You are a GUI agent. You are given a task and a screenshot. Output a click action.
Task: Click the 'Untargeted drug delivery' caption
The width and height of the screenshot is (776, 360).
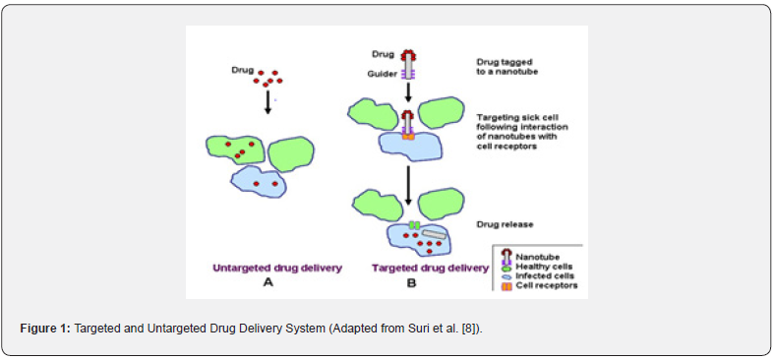point(277,269)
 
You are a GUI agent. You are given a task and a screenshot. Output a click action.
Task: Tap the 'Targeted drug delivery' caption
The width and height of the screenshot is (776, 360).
point(430,269)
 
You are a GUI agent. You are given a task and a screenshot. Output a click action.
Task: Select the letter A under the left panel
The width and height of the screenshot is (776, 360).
point(268,283)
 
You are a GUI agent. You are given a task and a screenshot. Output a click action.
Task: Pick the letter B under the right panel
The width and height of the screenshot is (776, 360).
point(411,283)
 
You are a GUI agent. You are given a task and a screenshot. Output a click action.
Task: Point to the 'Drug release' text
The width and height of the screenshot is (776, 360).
point(505,225)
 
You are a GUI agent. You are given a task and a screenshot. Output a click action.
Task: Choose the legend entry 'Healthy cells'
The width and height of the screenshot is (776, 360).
point(540,267)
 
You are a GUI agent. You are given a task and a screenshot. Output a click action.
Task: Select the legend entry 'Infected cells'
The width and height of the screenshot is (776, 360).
point(541,275)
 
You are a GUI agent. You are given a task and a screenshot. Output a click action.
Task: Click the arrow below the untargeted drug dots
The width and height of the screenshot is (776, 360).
point(268,102)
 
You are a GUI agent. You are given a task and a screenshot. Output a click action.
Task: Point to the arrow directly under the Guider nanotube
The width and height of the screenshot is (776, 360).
point(408,92)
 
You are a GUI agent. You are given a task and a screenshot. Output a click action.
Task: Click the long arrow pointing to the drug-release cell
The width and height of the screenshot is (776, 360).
point(408,186)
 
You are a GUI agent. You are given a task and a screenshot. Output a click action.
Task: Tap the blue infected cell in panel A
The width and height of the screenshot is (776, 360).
point(261,182)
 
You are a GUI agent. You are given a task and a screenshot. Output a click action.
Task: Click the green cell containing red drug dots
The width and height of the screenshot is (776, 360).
point(236,150)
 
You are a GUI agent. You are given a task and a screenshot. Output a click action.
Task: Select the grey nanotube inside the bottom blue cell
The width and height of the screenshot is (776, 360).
point(434,235)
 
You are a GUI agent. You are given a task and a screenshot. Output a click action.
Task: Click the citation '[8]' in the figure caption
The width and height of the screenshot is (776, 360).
point(471,329)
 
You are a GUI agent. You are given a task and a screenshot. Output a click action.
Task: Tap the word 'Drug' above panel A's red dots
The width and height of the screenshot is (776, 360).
point(242,71)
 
